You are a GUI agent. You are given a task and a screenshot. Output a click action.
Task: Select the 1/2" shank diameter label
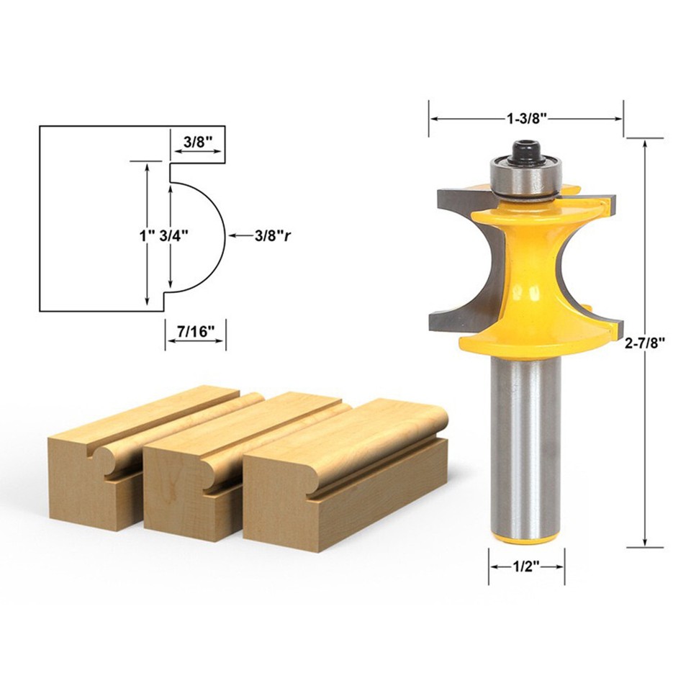[x=526, y=566]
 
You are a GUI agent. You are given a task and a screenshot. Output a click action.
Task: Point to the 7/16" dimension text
[x=196, y=331]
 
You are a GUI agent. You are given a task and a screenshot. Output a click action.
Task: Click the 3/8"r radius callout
[x=272, y=235]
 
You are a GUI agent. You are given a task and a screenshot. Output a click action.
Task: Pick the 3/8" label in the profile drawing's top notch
[x=198, y=142]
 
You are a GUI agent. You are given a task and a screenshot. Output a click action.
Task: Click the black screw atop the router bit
[x=525, y=150]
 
